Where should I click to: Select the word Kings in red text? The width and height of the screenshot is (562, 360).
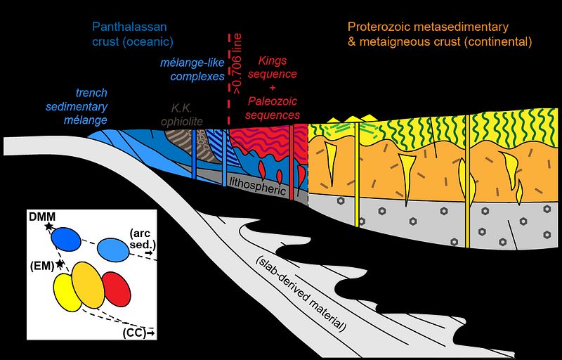pos(277,62)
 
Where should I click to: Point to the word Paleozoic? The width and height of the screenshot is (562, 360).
pos(277,101)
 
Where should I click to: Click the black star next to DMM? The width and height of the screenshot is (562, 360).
pos(48,226)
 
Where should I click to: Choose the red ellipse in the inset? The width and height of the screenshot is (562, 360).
pos(116,288)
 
